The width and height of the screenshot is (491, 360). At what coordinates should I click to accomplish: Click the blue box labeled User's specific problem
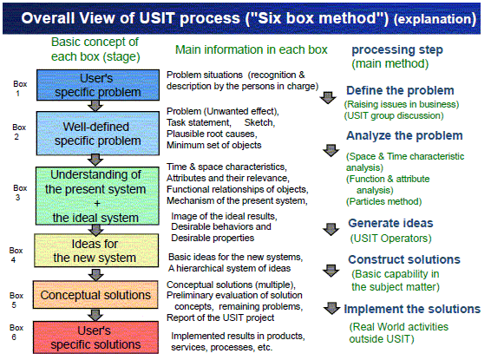click(x=98, y=85)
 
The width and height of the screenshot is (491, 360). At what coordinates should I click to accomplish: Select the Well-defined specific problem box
click(x=98, y=134)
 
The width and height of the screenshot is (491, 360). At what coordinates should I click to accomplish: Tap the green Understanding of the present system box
click(x=97, y=196)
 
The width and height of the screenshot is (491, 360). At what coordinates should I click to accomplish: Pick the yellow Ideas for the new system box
click(x=96, y=251)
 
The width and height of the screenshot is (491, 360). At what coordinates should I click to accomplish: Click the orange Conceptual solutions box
click(x=95, y=295)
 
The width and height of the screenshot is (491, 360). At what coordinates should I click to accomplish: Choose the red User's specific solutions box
click(x=95, y=337)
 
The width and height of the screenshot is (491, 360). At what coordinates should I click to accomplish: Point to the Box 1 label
click(x=20, y=88)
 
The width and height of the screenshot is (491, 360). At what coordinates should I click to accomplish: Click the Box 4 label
click(x=16, y=255)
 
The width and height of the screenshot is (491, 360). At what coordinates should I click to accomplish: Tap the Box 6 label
click(x=16, y=332)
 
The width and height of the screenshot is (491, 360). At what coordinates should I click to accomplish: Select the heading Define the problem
click(x=400, y=90)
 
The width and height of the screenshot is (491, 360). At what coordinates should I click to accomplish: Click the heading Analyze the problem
click(x=404, y=135)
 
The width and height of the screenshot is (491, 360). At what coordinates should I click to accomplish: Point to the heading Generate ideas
click(x=390, y=223)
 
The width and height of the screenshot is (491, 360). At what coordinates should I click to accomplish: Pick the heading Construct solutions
click(x=404, y=259)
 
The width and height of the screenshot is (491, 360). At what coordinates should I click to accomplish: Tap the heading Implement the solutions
click(x=412, y=309)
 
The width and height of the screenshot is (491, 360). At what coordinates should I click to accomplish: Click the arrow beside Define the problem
click(x=328, y=98)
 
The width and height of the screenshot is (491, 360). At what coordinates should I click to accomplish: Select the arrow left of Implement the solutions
click(x=331, y=308)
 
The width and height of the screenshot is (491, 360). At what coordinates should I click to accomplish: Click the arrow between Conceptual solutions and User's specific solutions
click(x=95, y=315)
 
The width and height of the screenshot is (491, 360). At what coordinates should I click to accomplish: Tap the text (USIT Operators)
click(x=390, y=239)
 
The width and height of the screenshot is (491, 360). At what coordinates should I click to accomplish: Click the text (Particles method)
click(x=383, y=201)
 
